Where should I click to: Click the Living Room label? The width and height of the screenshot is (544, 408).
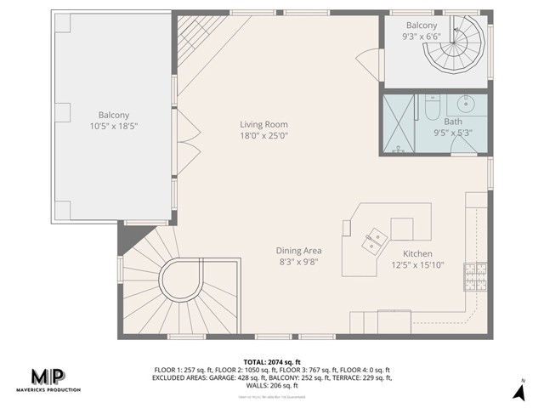[x=263, y=124]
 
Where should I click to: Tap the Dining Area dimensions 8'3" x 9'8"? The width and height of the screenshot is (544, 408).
[x=297, y=263]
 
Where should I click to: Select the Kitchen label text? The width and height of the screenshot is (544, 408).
[x=417, y=254]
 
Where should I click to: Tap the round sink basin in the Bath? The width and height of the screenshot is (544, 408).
[x=466, y=105]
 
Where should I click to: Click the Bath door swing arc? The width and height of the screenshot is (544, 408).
[x=463, y=146]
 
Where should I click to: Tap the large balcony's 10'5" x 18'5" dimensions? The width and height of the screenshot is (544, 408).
[x=113, y=125]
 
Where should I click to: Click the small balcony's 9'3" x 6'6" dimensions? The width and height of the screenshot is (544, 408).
[x=422, y=37]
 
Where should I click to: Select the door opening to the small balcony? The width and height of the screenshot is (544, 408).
[x=367, y=61]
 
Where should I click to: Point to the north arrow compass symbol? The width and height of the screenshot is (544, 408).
[x=518, y=390]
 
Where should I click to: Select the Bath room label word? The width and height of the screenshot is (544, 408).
[x=429, y=122]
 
